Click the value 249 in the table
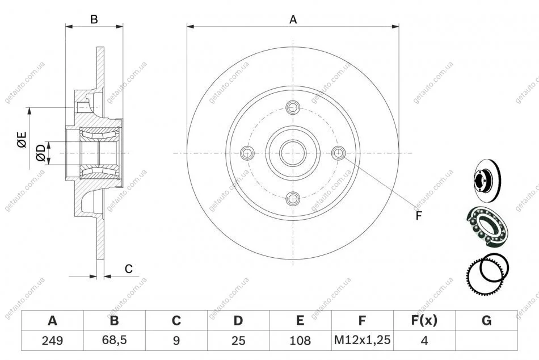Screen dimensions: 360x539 tap(52, 341)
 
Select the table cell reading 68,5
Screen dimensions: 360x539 tap(114, 341)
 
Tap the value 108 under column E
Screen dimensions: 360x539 tap(300, 341)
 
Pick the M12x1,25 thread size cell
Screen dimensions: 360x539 tap(362, 341)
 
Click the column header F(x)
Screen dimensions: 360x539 tap(424, 321)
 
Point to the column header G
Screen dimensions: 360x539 tap(486, 321)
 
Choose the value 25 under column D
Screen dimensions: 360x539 tap(238, 341)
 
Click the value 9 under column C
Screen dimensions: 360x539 tap(176, 341)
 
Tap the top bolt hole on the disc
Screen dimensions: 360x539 tap(293, 107)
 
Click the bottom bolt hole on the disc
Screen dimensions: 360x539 tap(293, 198)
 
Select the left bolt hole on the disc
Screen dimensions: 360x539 tap(247, 153)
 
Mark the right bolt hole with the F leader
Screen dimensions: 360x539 tap(339, 153)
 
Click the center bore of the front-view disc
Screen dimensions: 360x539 tap(293, 153)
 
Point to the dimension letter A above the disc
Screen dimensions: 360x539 tap(293, 19)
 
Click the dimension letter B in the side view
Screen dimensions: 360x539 tap(94, 19)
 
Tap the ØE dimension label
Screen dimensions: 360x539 tap(22, 139)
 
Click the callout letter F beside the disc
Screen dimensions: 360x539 tap(419, 215)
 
